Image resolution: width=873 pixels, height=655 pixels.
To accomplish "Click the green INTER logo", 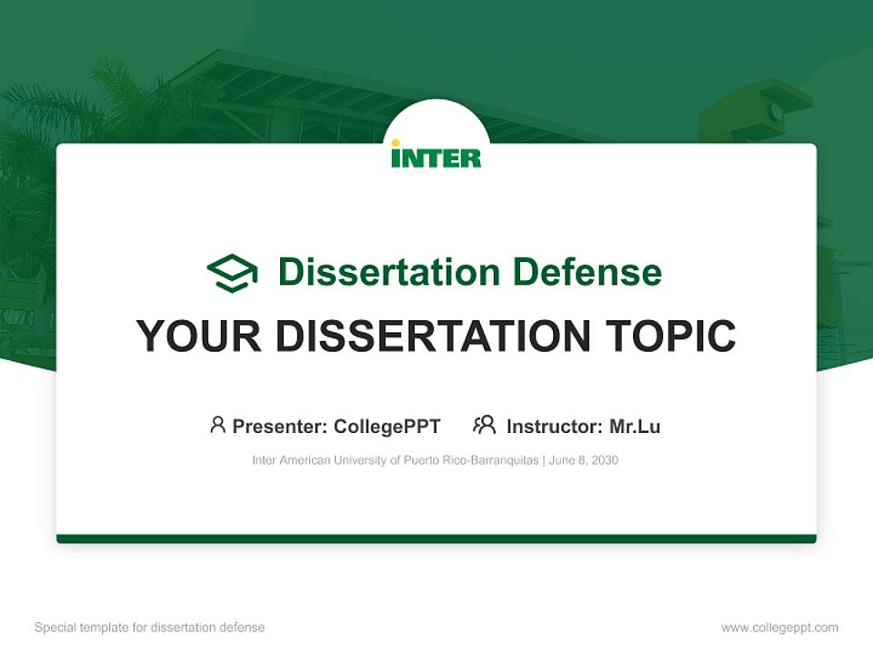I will [x=436, y=156].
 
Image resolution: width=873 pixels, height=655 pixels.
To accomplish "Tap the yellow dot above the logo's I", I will [x=396, y=142].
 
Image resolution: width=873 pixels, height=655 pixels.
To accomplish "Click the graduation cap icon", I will [x=232, y=273].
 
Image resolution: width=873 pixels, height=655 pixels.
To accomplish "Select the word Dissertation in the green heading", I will [x=388, y=272].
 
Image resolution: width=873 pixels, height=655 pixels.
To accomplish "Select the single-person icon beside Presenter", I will [x=217, y=425].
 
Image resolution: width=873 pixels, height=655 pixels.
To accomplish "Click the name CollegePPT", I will [x=386, y=427].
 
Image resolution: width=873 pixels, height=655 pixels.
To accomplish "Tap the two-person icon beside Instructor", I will [x=485, y=425].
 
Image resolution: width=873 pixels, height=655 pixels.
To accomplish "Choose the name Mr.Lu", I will [x=635, y=427].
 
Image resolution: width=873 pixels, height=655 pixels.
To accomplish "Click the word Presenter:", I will [x=280, y=427].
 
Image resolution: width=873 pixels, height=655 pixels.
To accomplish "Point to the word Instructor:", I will [x=554, y=427].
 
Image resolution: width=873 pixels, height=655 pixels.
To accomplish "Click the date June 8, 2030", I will [x=584, y=460].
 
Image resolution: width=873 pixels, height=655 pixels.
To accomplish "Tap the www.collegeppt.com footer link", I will [x=779, y=628].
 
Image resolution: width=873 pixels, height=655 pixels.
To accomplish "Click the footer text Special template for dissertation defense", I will [x=150, y=628].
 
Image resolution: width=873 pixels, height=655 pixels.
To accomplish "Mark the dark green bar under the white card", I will [x=436, y=539].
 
